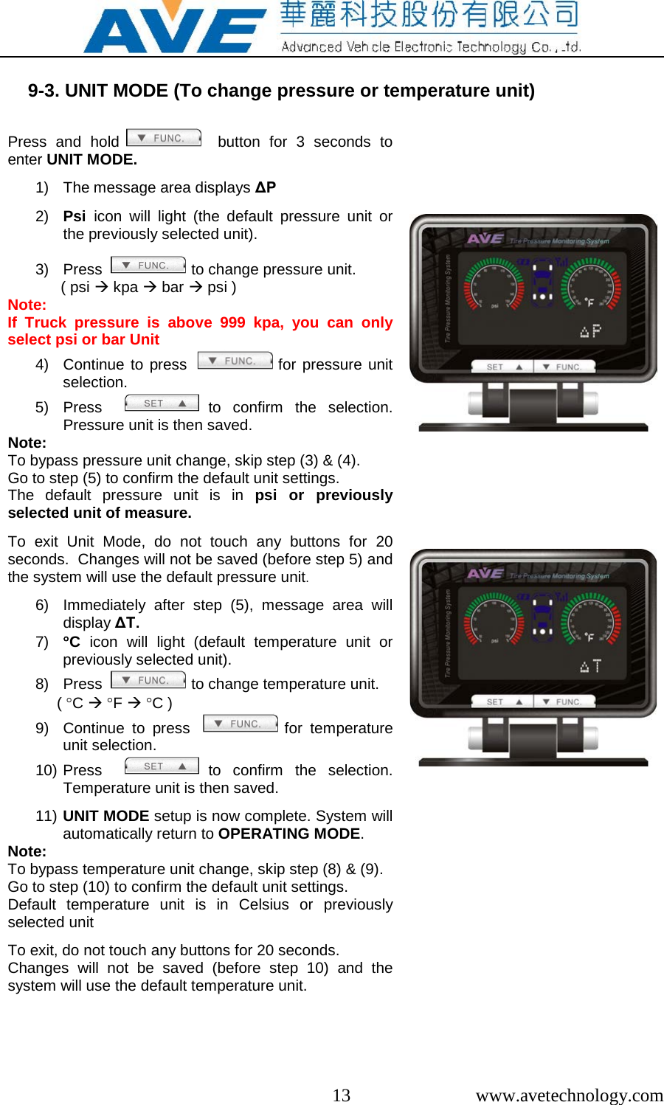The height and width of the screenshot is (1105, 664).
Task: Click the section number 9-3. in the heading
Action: point(44,91)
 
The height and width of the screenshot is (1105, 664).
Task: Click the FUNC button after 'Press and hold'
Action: point(164,138)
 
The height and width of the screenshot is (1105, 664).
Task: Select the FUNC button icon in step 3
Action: point(148,265)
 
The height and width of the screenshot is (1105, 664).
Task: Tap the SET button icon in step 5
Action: point(162,403)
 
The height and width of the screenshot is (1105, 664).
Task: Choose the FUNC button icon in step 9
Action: point(241,724)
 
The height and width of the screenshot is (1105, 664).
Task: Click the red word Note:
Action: point(27,305)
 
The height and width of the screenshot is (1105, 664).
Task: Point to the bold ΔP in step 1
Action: point(266,187)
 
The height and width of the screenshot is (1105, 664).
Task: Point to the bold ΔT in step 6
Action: point(126,623)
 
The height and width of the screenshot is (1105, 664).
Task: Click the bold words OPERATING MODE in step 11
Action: point(289,834)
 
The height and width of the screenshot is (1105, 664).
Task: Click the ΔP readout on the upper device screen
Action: point(590,331)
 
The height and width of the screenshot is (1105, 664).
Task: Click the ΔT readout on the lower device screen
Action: point(590,666)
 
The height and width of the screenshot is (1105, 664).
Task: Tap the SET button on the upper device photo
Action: point(504,367)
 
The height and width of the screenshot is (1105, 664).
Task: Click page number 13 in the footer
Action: point(341,1095)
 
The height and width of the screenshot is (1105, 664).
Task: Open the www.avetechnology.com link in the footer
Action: point(569,1095)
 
